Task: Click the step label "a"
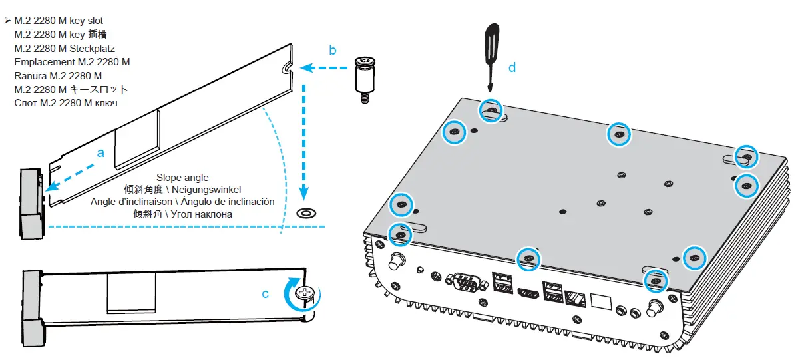pyautogui.click(x=100, y=152)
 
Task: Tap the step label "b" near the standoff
pyautogui.click(x=333, y=50)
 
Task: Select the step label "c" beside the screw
pyautogui.click(x=266, y=293)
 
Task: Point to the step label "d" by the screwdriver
pyautogui.click(x=512, y=67)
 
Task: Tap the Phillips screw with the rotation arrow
pyautogui.click(x=305, y=293)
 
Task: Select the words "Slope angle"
pyautogui.click(x=182, y=178)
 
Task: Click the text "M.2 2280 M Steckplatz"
pyautogui.click(x=65, y=49)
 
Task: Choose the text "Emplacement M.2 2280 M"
pyautogui.click(x=72, y=62)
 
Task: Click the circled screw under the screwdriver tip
pyautogui.click(x=491, y=111)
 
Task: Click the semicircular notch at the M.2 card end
pyautogui.click(x=287, y=68)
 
